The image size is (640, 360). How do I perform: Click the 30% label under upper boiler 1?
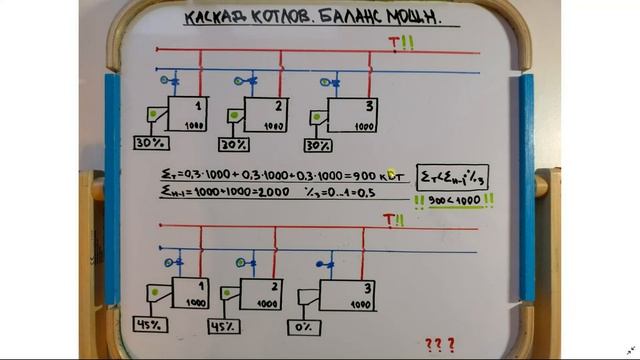150,146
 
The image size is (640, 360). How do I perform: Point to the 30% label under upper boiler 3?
318,146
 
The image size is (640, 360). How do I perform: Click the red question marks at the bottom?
439,345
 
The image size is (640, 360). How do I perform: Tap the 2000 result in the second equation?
274,193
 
